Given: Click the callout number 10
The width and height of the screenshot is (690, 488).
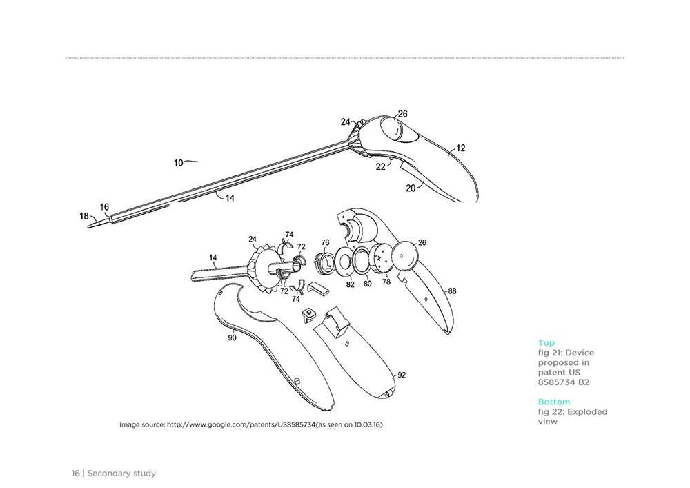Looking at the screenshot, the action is click(178, 163).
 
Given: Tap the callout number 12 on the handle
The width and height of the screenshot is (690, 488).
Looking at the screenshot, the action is click(460, 148).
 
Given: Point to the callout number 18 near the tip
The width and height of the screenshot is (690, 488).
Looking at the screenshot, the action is click(84, 216).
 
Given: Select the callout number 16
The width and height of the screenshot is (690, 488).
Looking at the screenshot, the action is click(104, 207).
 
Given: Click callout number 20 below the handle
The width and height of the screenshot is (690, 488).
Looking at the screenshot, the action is click(410, 188).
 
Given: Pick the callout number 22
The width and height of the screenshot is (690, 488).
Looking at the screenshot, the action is click(381, 166).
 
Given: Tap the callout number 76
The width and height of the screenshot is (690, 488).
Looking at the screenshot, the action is click(325, 242).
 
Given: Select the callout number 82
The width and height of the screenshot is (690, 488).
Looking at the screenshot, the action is click(351, 284).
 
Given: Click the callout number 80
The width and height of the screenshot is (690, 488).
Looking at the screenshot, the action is click(368, 284).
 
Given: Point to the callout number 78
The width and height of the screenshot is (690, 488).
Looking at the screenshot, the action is click(386, 282).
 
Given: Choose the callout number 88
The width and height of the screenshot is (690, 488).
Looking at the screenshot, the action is click(453, 291).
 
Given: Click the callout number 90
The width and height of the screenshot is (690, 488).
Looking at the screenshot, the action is click(232, 338).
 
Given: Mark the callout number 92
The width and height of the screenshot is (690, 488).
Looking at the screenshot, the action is click(402, 375).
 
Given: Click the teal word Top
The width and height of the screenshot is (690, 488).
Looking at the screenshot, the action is click(546, 343).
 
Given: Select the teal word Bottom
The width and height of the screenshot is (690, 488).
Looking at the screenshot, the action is click(554, 402).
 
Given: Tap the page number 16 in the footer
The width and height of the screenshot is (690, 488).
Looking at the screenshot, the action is click(76, 474).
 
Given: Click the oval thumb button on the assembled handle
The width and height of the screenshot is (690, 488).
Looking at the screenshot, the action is click(397, 129).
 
